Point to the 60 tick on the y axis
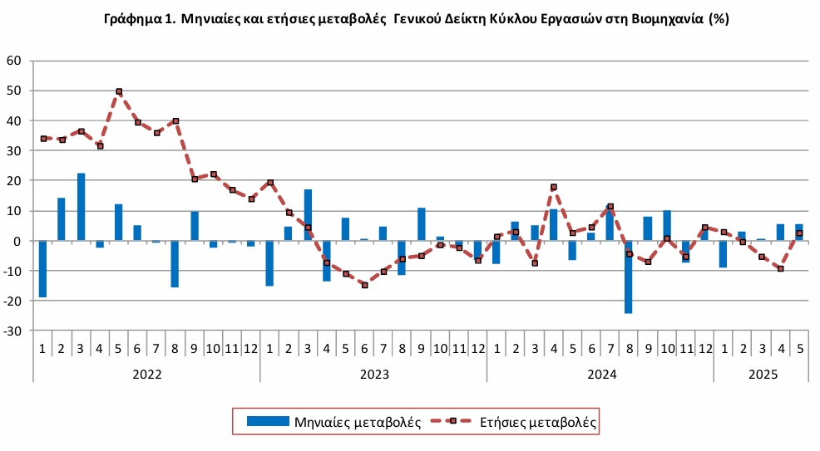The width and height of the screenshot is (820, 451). click(13, 61)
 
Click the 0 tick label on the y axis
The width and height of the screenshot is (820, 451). click(18, 241)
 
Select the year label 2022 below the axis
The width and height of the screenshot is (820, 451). click(146, 375)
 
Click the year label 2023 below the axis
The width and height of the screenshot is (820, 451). click(373, 375)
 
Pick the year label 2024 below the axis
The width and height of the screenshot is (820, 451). click(600, 375)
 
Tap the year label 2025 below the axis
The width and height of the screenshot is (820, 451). click(762, 375)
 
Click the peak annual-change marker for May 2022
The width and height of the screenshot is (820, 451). click(119, 91)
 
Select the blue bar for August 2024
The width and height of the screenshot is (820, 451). click(629, 277)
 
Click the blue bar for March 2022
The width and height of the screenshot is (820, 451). click(81, 207)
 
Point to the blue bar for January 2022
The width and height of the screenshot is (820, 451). click(42, 268)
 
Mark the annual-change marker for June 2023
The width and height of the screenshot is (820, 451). click(364, 285)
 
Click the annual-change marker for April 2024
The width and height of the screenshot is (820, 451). click(553, 188)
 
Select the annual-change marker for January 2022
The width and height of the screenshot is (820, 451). click(43, 139)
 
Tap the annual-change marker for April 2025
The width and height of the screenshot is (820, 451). click(780, 268)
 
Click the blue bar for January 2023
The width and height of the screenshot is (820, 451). click(269, 263)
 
